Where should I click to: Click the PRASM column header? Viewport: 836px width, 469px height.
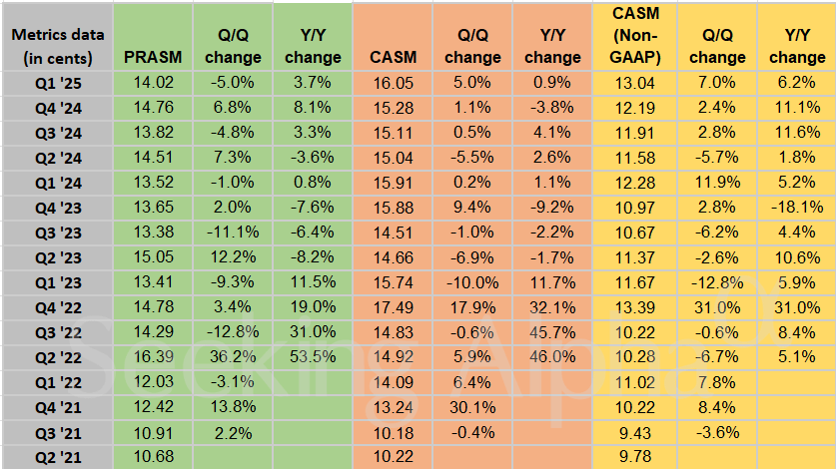click(x=152, y=57)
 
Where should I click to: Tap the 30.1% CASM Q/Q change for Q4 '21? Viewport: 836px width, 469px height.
click(x=473, y=406)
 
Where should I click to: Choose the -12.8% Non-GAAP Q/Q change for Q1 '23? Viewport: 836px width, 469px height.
click(x=712, y=282)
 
